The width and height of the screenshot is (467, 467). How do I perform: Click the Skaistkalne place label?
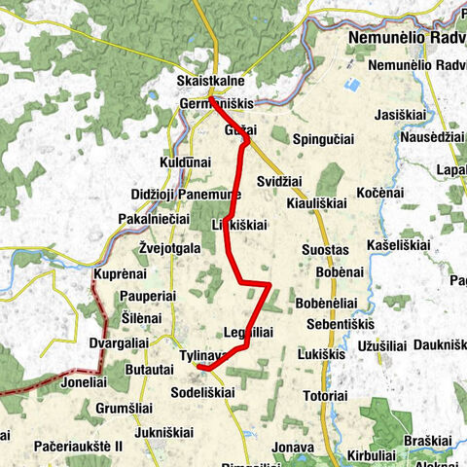coord(211,81)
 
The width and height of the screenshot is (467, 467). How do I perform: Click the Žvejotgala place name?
coord(169,248)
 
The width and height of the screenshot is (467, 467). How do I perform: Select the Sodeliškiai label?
coord(201,392)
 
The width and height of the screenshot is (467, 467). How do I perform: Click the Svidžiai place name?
coord(280,182)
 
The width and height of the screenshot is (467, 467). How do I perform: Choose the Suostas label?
coord(325,250)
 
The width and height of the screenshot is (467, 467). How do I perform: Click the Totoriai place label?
coord(325,396)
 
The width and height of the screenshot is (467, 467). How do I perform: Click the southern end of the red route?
coord(198,368)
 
